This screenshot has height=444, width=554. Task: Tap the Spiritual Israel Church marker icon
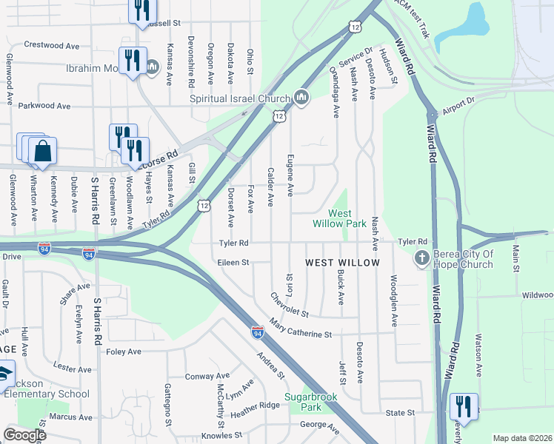click(x=301, y=98)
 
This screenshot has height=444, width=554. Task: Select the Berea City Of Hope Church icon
click(x=421, y=258)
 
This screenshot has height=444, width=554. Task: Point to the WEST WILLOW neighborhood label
click(x=343, y=263)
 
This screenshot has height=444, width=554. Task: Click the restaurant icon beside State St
click(x=463, y=406)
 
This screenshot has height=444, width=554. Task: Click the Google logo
click(x=24, y=435)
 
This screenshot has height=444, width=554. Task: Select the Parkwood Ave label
click(x=44, y=106)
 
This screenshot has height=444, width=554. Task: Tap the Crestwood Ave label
click(x=51, y=45)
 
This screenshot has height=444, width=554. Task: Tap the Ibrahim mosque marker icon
click(x=153, y=68)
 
